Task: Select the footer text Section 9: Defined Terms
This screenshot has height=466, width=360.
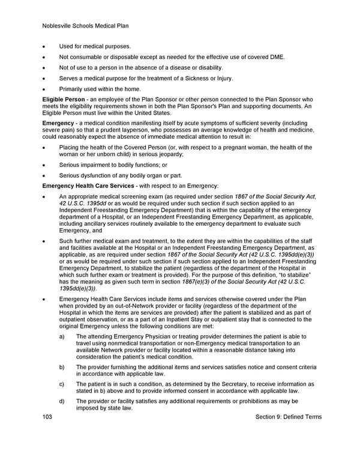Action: (288, 417)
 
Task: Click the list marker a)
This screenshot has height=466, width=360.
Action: (62, 337)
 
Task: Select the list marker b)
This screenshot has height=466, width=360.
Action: (62, 366)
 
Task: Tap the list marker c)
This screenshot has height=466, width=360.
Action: (62, 384)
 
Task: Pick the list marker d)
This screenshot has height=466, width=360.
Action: (62, 401)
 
